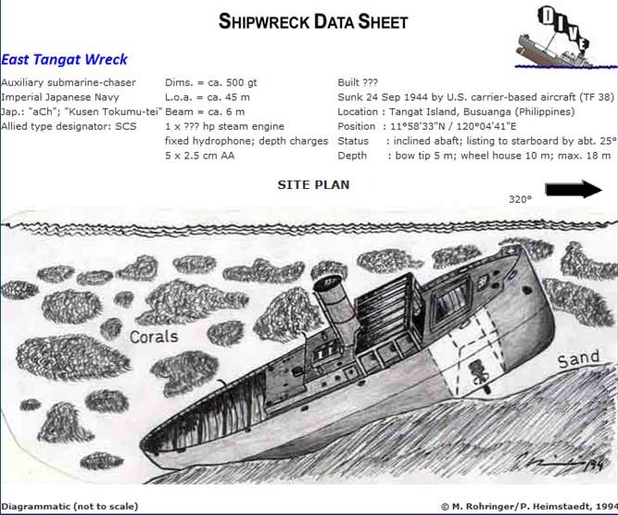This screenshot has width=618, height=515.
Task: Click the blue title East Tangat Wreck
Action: pyautogui.click(x=64, y=59)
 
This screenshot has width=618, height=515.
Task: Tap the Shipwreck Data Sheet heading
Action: pyautogui.click(x=313, y=21)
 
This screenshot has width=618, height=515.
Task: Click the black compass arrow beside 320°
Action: pyautogui.click(x=574, y=190)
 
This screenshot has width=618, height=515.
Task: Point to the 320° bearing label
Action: pyautogui.click(x=520, y=199)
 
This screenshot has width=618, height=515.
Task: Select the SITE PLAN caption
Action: pyautogui.click(x=313, y=185)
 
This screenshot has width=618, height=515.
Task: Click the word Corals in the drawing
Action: pyautogui.click(x=154, y=336)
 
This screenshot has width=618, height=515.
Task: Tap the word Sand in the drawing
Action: pyautogui.click(x=578, y=359)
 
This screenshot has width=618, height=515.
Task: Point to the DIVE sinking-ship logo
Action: pyautogui.click(x=565, y=37)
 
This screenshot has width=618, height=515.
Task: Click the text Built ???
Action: pyautogui.click(x=358, y=82)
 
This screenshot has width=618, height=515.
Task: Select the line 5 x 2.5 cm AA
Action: pyautogui.click(x=200, y=156)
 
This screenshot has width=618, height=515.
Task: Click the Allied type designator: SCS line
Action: pyautogui.click(x=69, y=127)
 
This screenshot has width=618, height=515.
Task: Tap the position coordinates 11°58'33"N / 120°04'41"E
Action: pyautogui.click(x=453, y=127)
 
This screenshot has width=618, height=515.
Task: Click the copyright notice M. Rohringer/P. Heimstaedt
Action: pyautogui.click(x=529, y=507)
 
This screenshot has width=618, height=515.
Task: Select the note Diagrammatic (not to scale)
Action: pyautogui.click(x=69, y=507)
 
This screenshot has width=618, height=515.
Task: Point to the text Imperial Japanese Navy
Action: pyautogui.click(x=60, y=97)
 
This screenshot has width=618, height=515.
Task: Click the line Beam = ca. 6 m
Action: pyautogui.click(x=205, y=112)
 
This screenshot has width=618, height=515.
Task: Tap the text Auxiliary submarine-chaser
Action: pyautogui.click(x=69, y=82)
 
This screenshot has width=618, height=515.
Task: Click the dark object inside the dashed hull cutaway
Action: pyautogui.click(x=478, y=373)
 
